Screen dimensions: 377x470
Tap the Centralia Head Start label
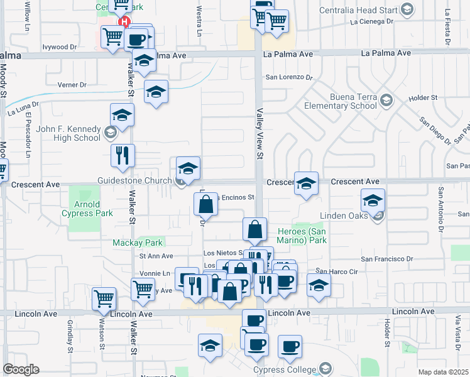click(367, 9)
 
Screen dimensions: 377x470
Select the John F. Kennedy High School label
click(68, 133)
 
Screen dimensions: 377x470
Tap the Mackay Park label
click(138, 243)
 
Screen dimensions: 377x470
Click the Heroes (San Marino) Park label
click(302, 236)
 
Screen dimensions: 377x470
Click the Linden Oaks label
click(344, 216)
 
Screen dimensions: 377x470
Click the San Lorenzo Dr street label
click(288, 78)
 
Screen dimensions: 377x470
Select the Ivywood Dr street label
click(59, 47)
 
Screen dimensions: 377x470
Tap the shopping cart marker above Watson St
click(104, 299)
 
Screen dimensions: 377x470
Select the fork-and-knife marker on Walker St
click(123, 155)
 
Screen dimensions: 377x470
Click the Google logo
click(21, 369)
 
